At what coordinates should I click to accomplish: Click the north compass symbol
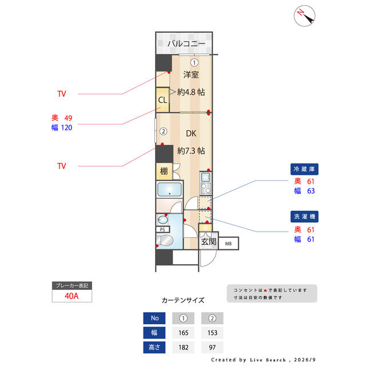coord(304,16)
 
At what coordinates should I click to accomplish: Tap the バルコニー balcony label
coord(186,43)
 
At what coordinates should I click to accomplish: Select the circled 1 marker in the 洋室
coord(194,62)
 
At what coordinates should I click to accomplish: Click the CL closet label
coord(162,100)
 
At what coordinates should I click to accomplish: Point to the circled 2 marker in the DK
coord(164,132)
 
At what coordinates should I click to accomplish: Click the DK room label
coord(191,133)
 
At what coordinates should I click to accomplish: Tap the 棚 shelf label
coord(164,172)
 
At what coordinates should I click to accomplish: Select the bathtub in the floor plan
coord(169,189)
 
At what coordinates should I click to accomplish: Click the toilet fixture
coord(164,240)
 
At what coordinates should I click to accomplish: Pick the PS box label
coord(162,229)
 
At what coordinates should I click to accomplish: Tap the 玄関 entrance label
coord(209,241)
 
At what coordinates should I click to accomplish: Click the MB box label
coord(228,244)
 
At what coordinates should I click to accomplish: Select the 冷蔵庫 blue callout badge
coord(304,169)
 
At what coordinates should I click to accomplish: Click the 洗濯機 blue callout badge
coord(304,217)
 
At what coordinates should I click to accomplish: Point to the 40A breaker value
coord(71,296)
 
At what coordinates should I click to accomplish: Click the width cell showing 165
coord(183,333)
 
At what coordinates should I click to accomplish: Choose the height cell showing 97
coord(212,347)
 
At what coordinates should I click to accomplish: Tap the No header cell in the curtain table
coord(154,318)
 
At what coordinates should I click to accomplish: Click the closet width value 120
coord(66,128)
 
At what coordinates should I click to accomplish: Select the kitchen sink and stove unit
coord(206,184)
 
